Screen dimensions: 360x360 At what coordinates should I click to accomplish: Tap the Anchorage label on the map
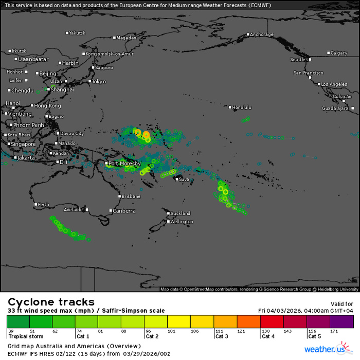pos(262,35)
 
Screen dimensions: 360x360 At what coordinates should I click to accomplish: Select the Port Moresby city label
pos(124,164)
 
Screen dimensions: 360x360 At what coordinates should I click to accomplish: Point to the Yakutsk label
pos(77,33)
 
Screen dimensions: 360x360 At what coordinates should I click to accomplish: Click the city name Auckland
pos(180,213)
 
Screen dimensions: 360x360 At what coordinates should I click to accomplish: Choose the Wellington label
pos(182,222)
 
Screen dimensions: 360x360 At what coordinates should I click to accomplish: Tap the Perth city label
pos(44,205)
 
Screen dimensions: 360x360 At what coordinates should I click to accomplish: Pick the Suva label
pos(184,179)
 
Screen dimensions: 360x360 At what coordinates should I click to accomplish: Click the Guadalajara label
pos(335,109)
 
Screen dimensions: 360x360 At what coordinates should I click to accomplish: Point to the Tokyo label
pos(99,82)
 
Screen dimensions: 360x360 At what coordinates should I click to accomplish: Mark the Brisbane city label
pos(131,196)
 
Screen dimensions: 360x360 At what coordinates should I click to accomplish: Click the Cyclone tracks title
pos(51,302)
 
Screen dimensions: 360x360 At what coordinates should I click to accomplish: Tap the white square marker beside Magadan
pos(114,38)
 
